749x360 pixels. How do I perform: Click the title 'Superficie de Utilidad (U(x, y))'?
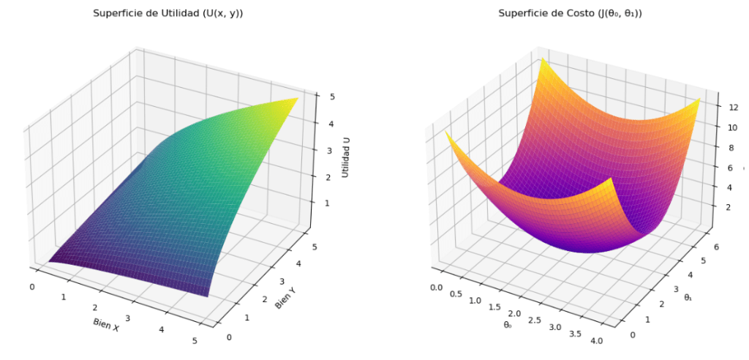(168, 13)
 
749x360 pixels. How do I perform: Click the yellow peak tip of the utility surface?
(296, 99)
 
